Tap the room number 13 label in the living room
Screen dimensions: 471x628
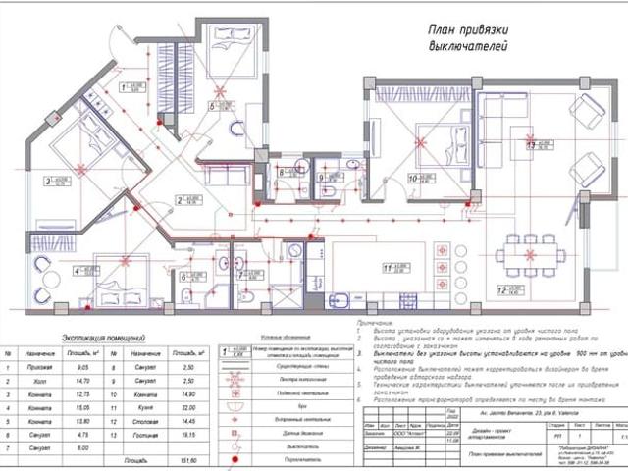[531, 145]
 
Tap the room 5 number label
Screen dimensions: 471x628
[212, 104]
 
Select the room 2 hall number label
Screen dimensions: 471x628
[181, 199]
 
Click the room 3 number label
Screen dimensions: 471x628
[46, 181]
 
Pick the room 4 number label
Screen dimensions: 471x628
[77, 270]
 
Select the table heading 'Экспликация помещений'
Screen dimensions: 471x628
[96, 336]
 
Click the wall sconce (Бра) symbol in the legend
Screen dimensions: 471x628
[235, 402]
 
